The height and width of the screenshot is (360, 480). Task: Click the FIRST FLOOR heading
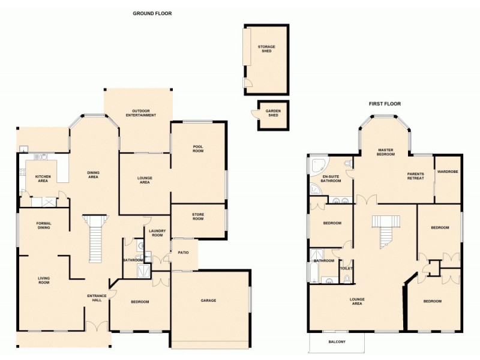point(385,104)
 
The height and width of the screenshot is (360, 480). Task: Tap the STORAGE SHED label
point(266,49)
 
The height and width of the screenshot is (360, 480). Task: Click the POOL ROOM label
point(198,149)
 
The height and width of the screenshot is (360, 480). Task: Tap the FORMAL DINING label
point(44,226)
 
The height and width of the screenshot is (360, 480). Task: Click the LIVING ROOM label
point(44,280)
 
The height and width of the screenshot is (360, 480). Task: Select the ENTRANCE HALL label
point(97,298)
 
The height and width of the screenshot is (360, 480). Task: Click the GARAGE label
point(208,301)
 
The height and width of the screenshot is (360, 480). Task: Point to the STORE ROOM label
point(198,217)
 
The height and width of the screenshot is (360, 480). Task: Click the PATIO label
point(183,253)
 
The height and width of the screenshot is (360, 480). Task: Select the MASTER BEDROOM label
point(386,152)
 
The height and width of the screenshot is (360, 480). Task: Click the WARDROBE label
point(448,172)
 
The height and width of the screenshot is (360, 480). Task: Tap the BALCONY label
point(337,342)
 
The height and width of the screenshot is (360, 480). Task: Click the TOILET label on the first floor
point(346,268)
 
